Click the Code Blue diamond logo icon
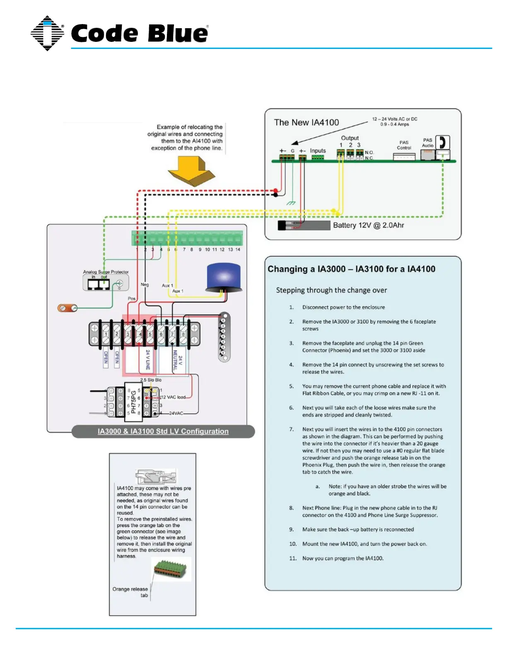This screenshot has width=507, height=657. [x=47, y=33]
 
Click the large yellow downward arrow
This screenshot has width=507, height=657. [x=191, y=170]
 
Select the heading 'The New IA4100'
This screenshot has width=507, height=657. [x=307, y=122]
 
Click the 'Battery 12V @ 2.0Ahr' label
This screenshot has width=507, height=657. [x=368, y=225]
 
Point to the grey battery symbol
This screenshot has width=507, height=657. [x=304, y=225]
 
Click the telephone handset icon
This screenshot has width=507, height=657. [x=442, y=142]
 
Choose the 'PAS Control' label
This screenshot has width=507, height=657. [x=404, y=145]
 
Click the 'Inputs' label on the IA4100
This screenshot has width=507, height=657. [x=318, y=151]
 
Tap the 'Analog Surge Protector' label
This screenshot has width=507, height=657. [x=106, y=272]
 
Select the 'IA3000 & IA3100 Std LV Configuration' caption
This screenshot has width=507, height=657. [x=163, y=431]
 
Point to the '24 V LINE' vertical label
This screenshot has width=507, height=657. [x=148, y=360]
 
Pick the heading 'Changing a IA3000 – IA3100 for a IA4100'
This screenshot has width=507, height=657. [x=351, y=269]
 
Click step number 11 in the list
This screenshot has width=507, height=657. [x=293, y=558]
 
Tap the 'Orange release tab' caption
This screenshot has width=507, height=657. [x=130, y=592]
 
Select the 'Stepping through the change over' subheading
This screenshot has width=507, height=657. [x=331, y=290]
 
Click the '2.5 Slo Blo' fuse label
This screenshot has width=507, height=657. [x=151, y=380]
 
